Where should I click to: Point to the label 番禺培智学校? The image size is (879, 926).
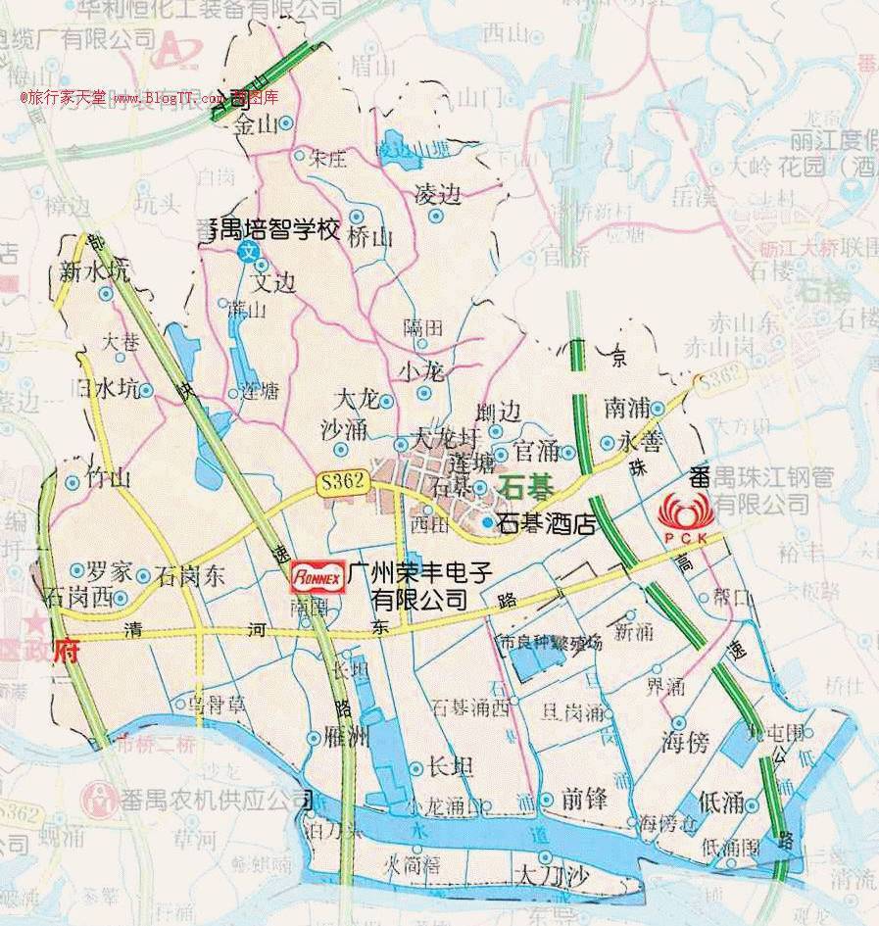pos(274,231)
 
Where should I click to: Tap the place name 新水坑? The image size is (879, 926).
pos(93,272)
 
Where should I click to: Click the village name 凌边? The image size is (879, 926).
pos(437,194)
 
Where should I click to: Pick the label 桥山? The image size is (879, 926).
pos(369,238)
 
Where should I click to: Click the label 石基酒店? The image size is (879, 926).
pos(548,524)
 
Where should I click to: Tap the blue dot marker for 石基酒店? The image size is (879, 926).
pos(487,523)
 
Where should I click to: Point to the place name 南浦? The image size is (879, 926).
pos(627,405)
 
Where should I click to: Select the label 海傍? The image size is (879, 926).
pos(684,742)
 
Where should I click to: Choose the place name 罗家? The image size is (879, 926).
pos(109,572)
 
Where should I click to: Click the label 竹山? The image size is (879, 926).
pos(108,479)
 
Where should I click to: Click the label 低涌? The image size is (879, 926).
pos(722,804)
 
